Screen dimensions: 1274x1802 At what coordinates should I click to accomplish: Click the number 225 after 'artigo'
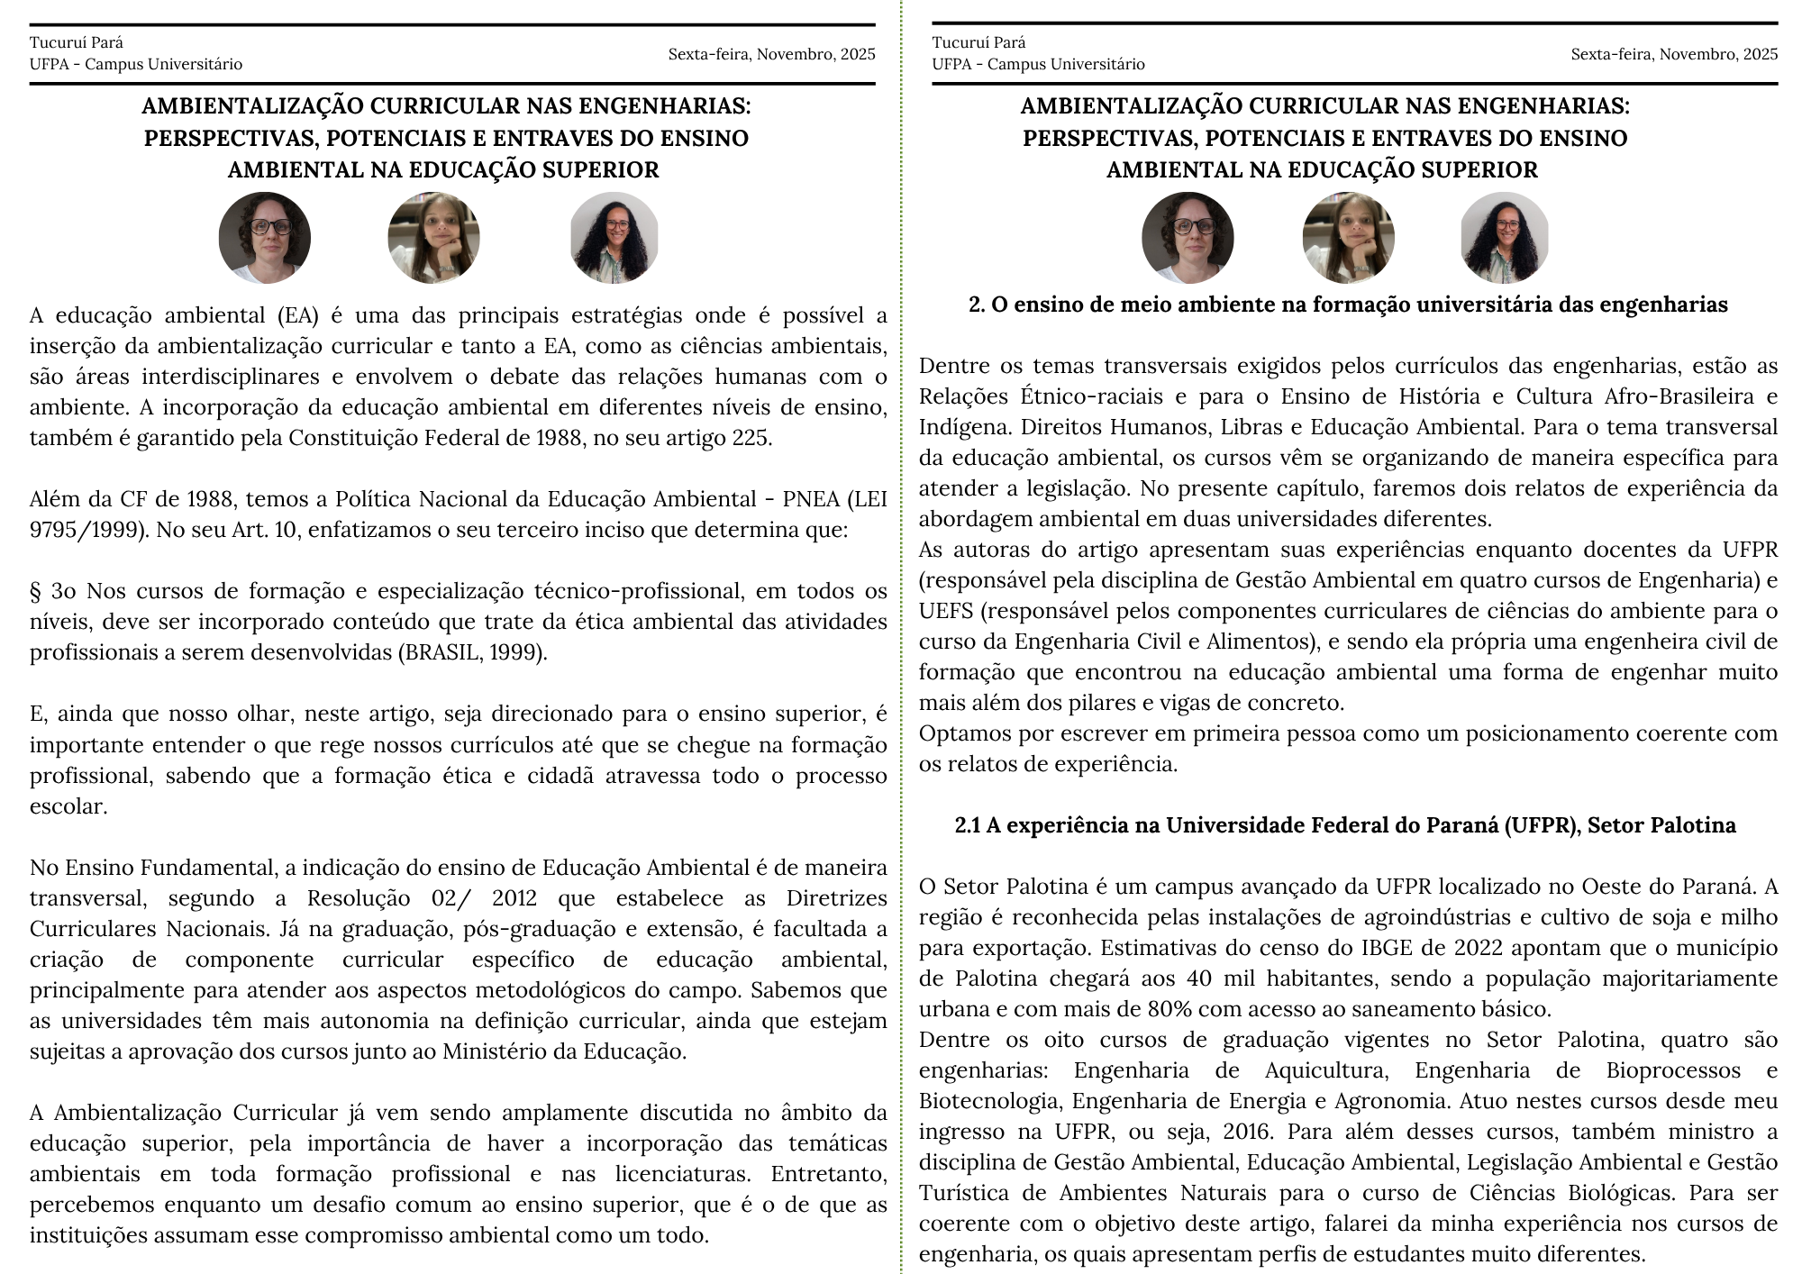pyautogui.click(x=751, y=439)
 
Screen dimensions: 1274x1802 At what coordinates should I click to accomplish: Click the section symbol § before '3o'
pyautogui.click(x=36, y=591)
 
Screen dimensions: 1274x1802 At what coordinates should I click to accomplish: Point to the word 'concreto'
pyautogui.click(x=1298, y=703)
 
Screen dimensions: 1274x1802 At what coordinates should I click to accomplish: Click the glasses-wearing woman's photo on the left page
pyautogui.click(x=265, y=238)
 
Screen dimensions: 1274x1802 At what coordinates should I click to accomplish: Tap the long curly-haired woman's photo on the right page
pyautogui.click(x=1504, y=238)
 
